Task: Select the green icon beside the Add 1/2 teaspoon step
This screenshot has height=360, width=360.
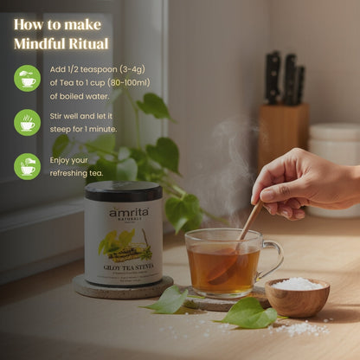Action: [27, 79]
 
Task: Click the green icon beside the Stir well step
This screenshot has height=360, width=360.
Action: [27, 122]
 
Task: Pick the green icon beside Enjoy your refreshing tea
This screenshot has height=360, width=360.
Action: [27, 166]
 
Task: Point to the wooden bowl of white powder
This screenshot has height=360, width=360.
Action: [297, 296]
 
